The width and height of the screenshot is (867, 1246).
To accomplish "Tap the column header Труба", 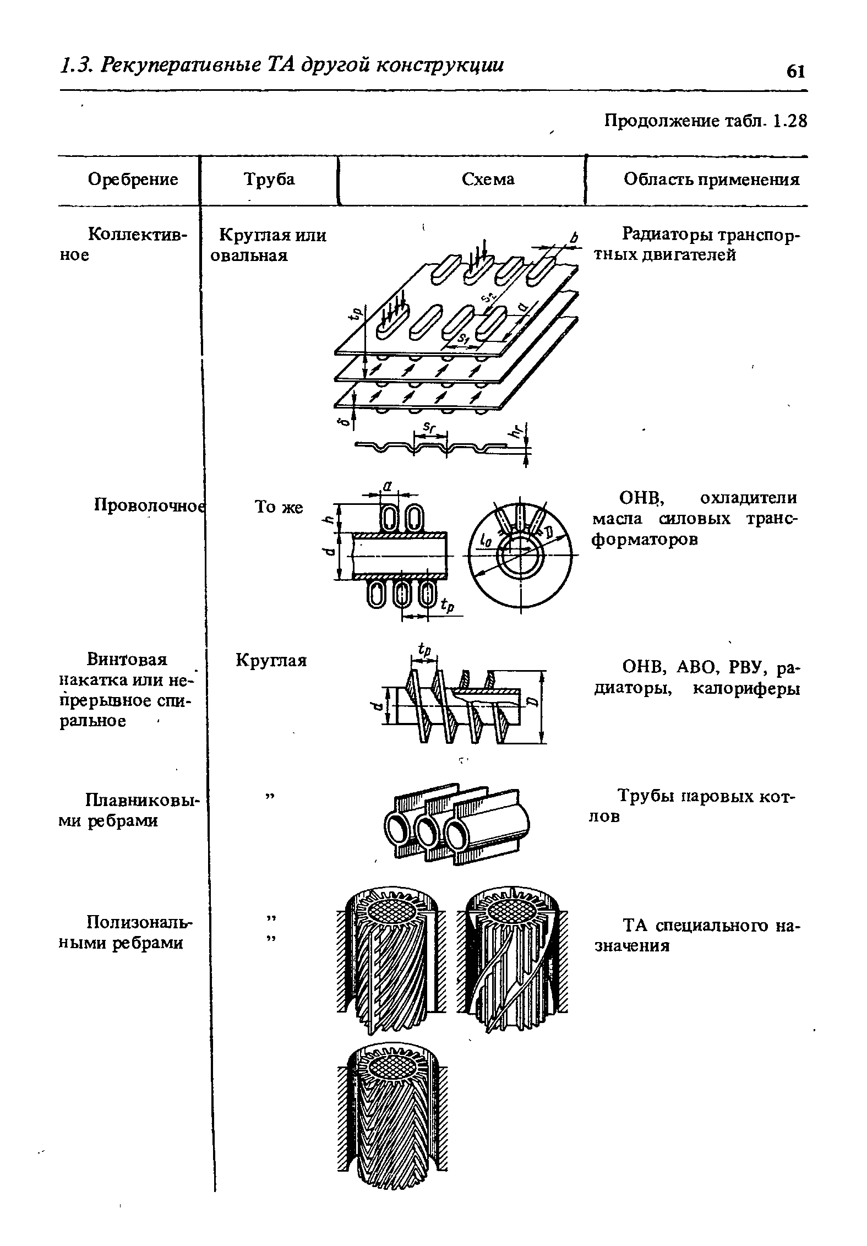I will coord(269,179).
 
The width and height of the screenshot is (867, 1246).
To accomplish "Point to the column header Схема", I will coord(488,179).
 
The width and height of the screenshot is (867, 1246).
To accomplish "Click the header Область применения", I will coord(711,179).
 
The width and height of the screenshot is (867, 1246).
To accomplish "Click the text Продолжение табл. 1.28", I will coord(705,121).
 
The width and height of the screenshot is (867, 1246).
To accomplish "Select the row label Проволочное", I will coord(148,504).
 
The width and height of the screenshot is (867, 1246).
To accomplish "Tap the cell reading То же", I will coord(279,507).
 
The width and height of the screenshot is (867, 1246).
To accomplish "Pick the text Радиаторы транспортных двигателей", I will coord(710,245).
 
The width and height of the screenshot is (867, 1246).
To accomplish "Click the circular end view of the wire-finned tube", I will coord(520,556).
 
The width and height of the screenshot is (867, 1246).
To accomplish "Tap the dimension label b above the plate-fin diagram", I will coord(574,238).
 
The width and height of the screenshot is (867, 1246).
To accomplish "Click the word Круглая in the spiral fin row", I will coord(271,660).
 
